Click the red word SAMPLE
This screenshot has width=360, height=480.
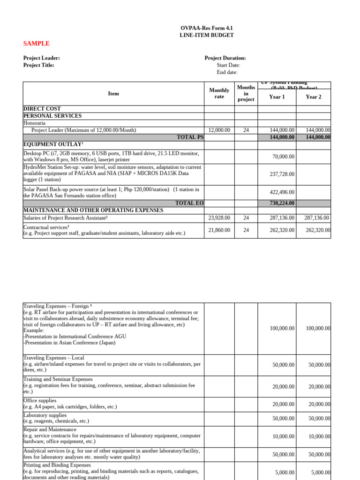(x=37, y=44)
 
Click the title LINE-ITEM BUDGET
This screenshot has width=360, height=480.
(x=207, y=35)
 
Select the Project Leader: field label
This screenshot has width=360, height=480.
(x=42, y=58)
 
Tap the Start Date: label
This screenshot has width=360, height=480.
(x=228, y=65)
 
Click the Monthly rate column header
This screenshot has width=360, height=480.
(x=219, y=93)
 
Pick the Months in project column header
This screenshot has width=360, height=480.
(x=246, y=93)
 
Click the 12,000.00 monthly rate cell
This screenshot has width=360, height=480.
(x=219, y=130)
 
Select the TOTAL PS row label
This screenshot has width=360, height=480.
(x=190, y=137)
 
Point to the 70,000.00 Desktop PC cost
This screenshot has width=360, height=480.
(x=282, y=156)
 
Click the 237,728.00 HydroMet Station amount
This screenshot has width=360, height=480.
(x=282, y=174)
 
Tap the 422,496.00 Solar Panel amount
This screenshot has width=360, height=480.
(x=282, y=192)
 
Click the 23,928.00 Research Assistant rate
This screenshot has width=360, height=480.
(x=219, y=218)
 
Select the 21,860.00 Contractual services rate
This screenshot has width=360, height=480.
(x=219, y=230)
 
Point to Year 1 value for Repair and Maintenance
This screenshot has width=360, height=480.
(x=283, y=436)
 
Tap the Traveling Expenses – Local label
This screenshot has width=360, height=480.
(x=53, y=358)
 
